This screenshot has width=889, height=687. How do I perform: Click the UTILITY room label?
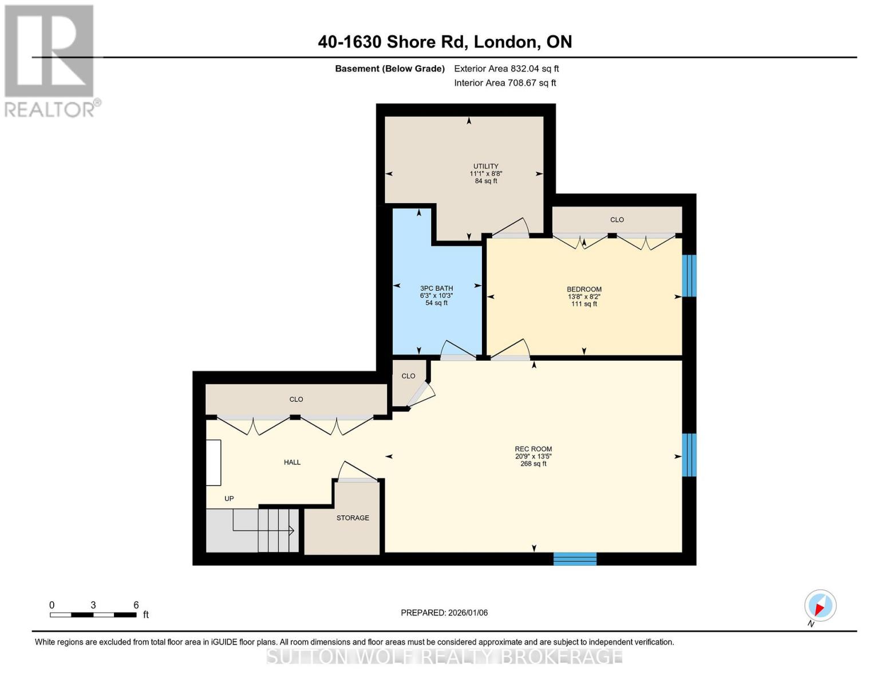click(485, 167)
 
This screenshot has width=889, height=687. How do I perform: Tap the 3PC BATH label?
click(436, 289)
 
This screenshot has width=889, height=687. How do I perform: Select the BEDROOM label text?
click(584, 290)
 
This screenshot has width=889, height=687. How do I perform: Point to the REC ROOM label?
click(533, 449)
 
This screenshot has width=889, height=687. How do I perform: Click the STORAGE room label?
click(353, 518)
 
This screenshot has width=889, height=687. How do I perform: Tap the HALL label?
click(292, 463)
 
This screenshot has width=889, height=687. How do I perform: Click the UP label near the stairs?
click(229, 499)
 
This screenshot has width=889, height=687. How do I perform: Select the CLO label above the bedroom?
click(617, 220)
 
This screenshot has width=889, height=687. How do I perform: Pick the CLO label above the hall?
click(296, 400)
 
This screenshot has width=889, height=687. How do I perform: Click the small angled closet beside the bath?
click(408, 377)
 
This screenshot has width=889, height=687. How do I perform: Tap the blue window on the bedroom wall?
click(689, 275)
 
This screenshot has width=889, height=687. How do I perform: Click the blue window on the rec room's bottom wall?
click(575, 559)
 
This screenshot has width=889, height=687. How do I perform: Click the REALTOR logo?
click(50, 60)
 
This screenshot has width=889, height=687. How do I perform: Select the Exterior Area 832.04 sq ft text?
click(506, 69)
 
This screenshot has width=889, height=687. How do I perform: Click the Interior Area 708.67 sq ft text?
click(505, 83)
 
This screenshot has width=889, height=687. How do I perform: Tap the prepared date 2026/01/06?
click(444, 613)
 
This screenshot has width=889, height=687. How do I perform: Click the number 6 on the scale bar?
click(136, 605)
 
